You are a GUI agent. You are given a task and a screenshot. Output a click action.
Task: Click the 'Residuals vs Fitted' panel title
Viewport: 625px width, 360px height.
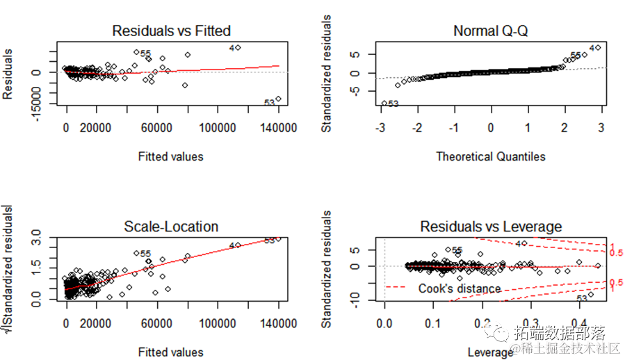click(171, 31)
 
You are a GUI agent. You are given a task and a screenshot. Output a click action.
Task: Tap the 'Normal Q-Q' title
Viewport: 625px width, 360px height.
click(490, 31)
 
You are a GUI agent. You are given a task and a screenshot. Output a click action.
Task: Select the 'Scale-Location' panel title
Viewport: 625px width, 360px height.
click(171, 227)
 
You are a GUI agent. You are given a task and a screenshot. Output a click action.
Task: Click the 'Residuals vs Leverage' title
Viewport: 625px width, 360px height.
click(491, 227)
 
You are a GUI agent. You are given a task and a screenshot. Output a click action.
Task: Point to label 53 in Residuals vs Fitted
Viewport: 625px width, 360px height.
click(270, 103)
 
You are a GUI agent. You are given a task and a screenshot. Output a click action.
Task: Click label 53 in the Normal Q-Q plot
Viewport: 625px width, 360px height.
click(393, 104)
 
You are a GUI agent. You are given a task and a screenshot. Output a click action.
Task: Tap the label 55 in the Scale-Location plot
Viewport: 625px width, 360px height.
click(145, 254)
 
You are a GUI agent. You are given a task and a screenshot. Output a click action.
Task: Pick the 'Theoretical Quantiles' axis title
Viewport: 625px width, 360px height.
click(490, 156)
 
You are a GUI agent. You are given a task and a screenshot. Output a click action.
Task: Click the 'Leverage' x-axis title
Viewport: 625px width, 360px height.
click(491, 352)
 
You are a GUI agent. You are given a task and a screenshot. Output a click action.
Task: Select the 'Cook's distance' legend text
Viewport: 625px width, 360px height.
click(459, 288)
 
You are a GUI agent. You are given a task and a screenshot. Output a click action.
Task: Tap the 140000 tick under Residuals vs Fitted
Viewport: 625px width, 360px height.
click(278, 128)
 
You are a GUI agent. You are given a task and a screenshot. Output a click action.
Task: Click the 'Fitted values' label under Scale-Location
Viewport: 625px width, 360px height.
click(171, 352)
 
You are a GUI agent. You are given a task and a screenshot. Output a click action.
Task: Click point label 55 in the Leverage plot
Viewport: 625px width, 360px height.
click(457, 250)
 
